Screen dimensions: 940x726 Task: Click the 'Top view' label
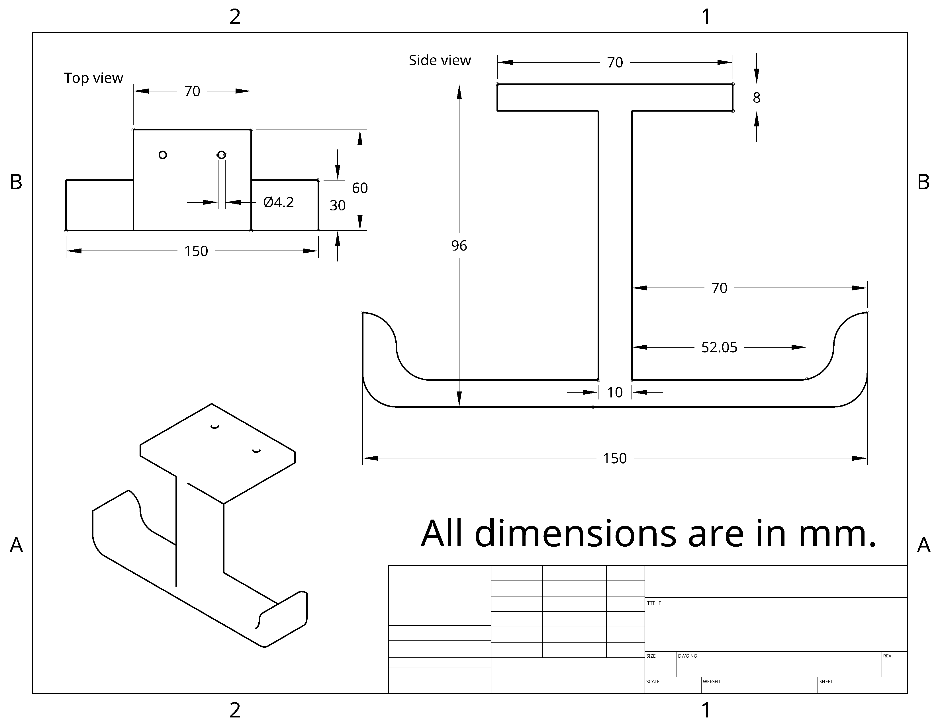coord(93,78)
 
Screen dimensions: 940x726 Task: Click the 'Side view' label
coord(440,60)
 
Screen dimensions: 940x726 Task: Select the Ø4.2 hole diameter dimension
coord(279,202)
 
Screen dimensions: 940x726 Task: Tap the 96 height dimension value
coord(459,246)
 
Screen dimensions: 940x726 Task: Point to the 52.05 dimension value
coord(719,347)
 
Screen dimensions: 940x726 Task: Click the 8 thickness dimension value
coord(756,98)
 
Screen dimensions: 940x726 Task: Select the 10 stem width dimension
coord(615,392)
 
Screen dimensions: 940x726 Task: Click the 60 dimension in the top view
coord(360,188)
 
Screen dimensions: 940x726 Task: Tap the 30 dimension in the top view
coord(338,206)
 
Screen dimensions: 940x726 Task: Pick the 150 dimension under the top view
coord(196,251)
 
